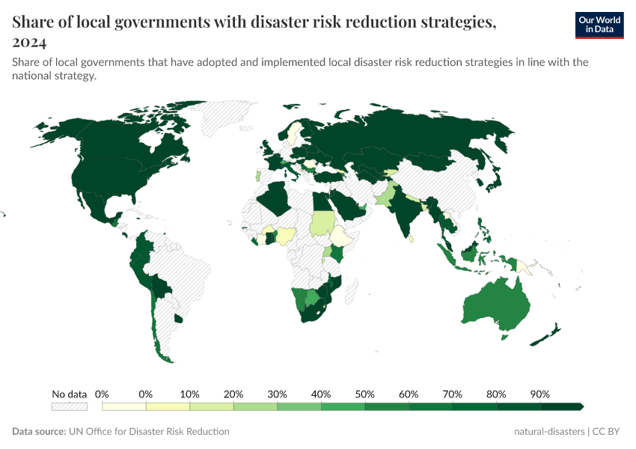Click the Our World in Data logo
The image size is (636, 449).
pos(599,25)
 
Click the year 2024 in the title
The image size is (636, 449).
pos(29,42)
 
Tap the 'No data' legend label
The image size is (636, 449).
pos(70,394)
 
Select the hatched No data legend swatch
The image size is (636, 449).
pos(70,406)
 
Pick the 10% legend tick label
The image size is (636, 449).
pos(189,394)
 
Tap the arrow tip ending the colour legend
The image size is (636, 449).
pos(581,406)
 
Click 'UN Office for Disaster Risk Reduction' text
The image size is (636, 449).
pos(148,432)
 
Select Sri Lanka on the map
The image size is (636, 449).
pos(411,238)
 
